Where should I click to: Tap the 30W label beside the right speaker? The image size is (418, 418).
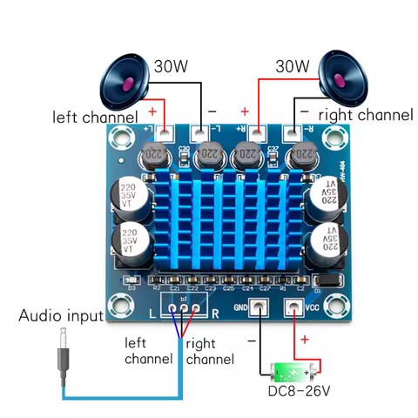point(292,65)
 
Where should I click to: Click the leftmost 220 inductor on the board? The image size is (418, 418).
point(153,158)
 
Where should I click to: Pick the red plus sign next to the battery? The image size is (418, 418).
point(305,340)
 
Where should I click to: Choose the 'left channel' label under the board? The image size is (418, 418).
point(148,350)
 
